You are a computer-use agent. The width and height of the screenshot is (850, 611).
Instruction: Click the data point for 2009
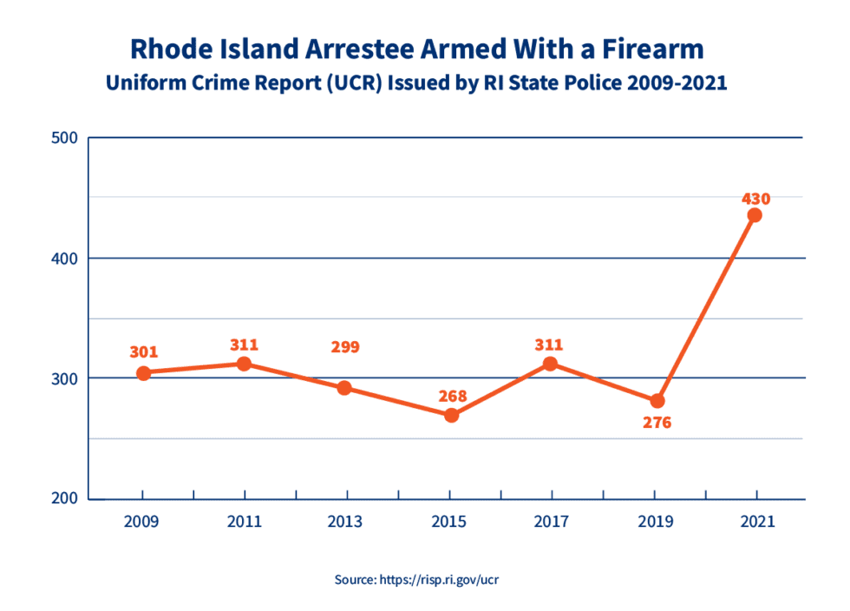(x=144, y=373)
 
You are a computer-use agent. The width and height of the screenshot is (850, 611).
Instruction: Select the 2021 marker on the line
(x=755, y=215)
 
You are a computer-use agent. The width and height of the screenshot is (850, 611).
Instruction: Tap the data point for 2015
(x=451, y=416)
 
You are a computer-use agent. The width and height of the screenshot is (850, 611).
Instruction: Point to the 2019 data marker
(x=657, y=401)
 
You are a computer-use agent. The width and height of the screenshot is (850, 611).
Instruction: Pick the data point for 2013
(x=344, y=388)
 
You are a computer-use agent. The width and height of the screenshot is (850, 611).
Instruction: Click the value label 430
(x=755, y=199)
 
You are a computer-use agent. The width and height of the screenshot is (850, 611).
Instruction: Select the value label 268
(x=452, y=397)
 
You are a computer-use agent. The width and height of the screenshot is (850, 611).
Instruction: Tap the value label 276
(x=656, y=424)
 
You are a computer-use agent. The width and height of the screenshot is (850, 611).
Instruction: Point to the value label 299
(x=344, y=347)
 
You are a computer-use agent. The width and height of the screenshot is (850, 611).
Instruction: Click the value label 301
(x=144, y=352)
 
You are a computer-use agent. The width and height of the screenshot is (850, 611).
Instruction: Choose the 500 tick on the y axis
(x=65, y=138)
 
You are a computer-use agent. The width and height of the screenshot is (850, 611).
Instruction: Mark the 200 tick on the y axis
(x=65, y=499)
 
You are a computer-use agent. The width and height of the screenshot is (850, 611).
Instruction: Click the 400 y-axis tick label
(x=65, y=259)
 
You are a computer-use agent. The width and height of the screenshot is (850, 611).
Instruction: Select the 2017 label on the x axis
(x=552, y=522)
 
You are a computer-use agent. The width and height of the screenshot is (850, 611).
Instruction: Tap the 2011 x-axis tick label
(x=245, y=522)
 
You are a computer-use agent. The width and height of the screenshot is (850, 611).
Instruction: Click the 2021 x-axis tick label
(x=756, y=522)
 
